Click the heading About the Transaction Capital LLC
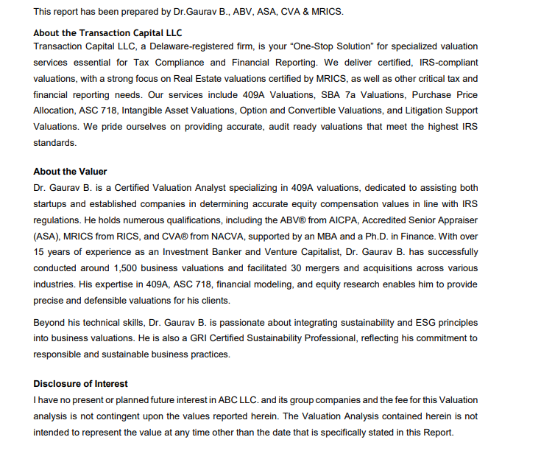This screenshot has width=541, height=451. pyautogui.click(x=107, y=33)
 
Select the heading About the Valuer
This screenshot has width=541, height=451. pyautogui.click(x=70, y=172)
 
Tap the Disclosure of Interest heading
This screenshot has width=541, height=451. pyautogui.click(x=80, y=384)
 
